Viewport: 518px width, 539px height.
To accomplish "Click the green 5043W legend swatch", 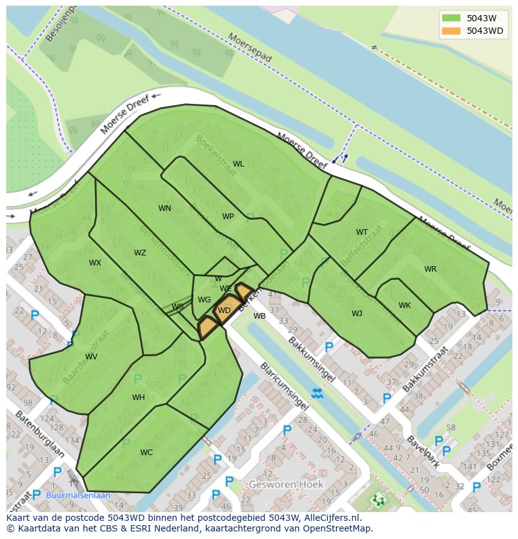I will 450,18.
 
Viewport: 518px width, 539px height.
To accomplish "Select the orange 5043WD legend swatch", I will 450,31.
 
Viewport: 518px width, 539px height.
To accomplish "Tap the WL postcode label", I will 238,164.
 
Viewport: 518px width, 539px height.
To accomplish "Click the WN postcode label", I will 165,208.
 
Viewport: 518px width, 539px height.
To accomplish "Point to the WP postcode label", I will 228,217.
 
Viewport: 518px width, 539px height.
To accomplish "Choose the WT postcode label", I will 362,232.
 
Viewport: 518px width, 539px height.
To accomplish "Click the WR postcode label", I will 430,269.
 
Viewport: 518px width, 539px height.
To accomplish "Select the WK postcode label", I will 405,305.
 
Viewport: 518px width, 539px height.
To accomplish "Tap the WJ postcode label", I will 357,314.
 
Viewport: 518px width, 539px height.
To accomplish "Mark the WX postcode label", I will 94,263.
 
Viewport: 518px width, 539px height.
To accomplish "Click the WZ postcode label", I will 140,253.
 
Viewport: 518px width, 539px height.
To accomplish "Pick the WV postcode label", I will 91,357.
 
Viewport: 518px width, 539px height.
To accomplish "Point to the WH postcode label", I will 138,398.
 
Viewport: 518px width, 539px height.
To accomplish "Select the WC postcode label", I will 146,453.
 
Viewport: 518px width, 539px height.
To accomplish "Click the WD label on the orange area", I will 224,311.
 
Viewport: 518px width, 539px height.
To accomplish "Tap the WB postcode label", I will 260,316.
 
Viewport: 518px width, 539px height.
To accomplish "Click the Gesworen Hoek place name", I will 286,485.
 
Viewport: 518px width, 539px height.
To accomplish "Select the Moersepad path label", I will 250,48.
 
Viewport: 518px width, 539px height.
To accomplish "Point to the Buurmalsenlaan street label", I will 78,495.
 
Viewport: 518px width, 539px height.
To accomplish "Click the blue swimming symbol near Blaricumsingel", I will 317,393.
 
